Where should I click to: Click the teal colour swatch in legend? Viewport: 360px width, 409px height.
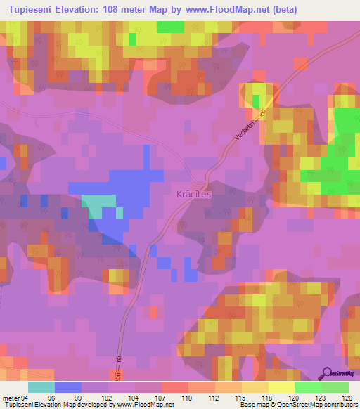(x=41, y=387)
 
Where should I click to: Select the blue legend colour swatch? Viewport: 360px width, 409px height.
(x=68, y=387)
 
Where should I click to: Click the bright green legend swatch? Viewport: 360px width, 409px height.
(x=308, y=387)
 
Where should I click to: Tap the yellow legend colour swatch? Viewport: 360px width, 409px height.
(x=281, y=387)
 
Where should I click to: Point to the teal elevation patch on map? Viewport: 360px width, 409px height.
(x=98, y=204)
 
